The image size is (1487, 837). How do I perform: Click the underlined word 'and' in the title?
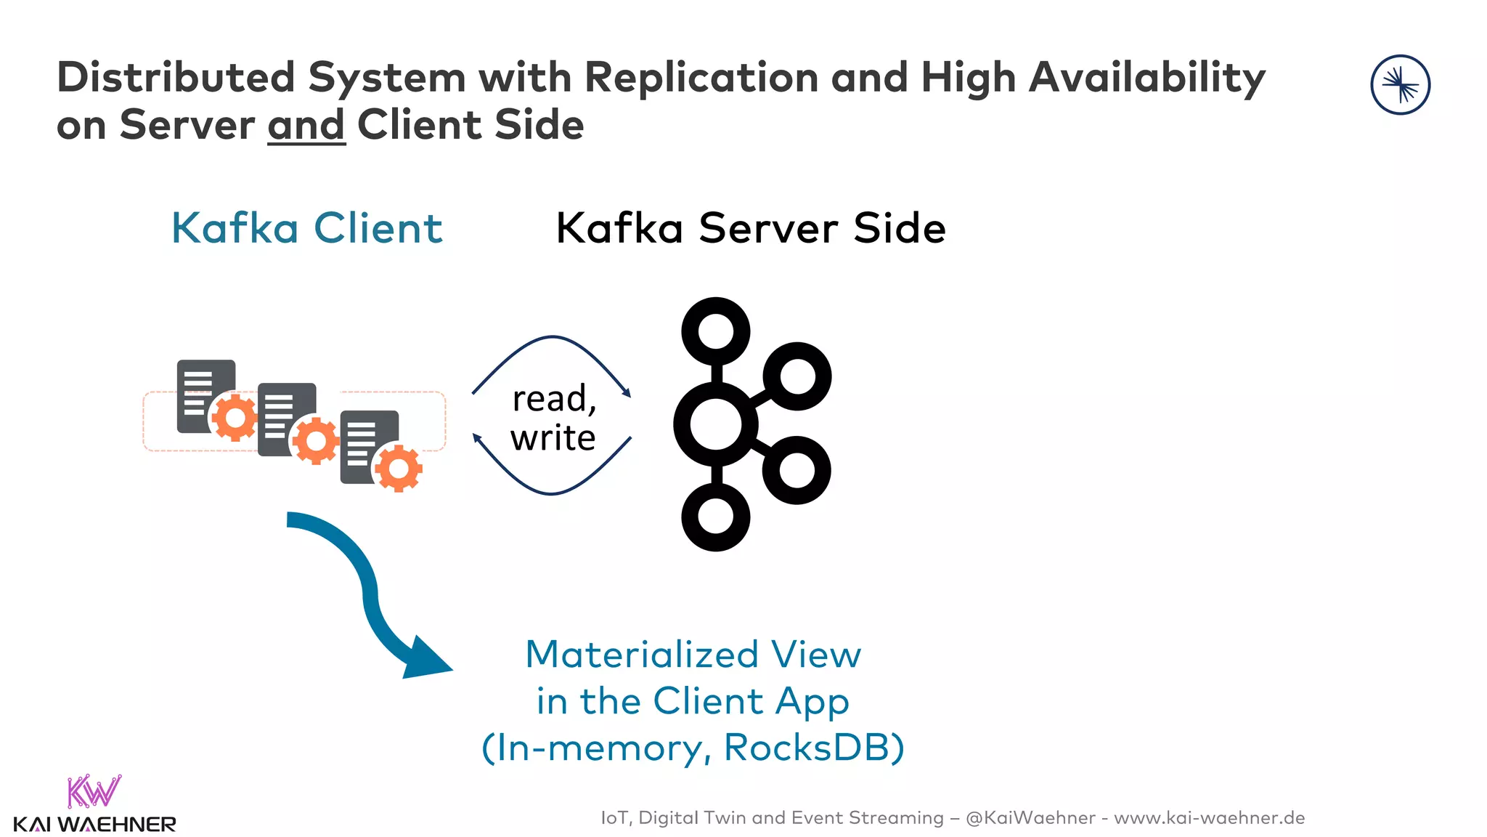click(306, 125)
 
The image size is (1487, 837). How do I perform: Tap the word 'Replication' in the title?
click(701, 77)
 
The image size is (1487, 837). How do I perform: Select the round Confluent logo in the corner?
click(1400, 85)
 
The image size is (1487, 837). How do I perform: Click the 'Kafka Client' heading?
click(306, 228)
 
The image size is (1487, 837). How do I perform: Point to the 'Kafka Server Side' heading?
click(751, 228)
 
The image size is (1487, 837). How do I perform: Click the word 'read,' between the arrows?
click(554, 399)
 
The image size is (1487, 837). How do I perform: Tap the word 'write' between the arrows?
click(553, 438)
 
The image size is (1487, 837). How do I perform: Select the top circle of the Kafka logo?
click(716, 331)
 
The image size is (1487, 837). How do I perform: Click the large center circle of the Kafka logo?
click(715, 424)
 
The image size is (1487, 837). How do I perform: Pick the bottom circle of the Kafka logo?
click(716, 517)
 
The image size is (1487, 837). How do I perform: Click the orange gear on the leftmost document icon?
click(235, 418)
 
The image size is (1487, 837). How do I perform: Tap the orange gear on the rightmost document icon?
click(399, 469)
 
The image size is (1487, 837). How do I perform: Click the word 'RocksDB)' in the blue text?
click(814, 748)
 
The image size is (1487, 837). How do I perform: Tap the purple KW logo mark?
click(94, 791)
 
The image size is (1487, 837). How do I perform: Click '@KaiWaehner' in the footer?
click(1030, 818)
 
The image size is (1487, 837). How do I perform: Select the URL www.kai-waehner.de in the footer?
click(1209, 818)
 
